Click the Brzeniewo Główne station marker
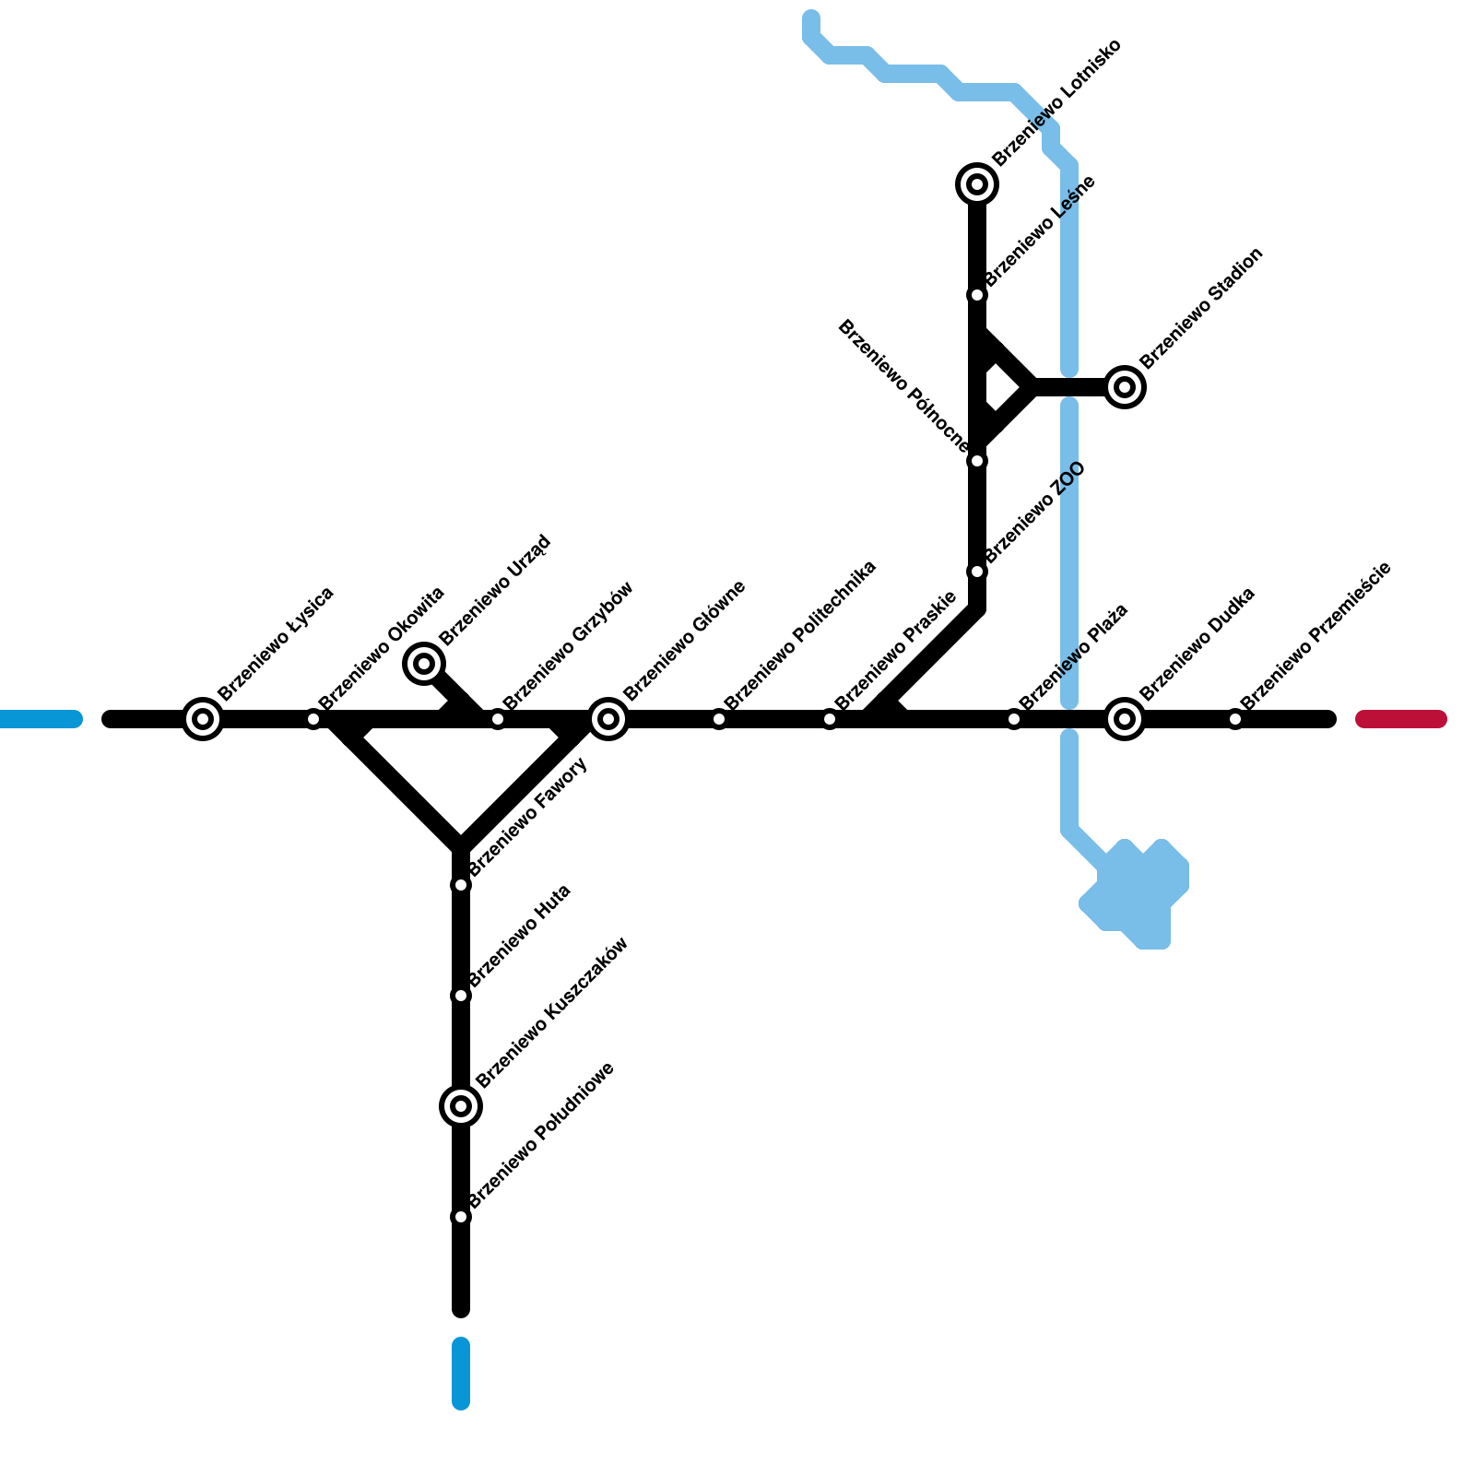(608, 719)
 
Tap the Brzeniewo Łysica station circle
(203, 719)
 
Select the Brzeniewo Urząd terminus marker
(424, 663)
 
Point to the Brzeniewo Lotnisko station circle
(977, 184)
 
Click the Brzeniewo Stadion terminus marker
(1125, 387)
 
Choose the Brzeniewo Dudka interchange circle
(1125, 719)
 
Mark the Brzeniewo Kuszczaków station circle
(461, 1105)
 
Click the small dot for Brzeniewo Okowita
(313, 719)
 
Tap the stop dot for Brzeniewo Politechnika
(719, 719)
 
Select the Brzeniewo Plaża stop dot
(1014, 719)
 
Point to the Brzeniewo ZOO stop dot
(977, 572)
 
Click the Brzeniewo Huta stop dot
(461, 996)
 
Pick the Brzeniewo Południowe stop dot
(461, 1217)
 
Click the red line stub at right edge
(1401, 719)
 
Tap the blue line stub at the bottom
(461, 1374)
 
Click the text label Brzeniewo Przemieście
(1316, 635)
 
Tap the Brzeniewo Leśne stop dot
(977, 295)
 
